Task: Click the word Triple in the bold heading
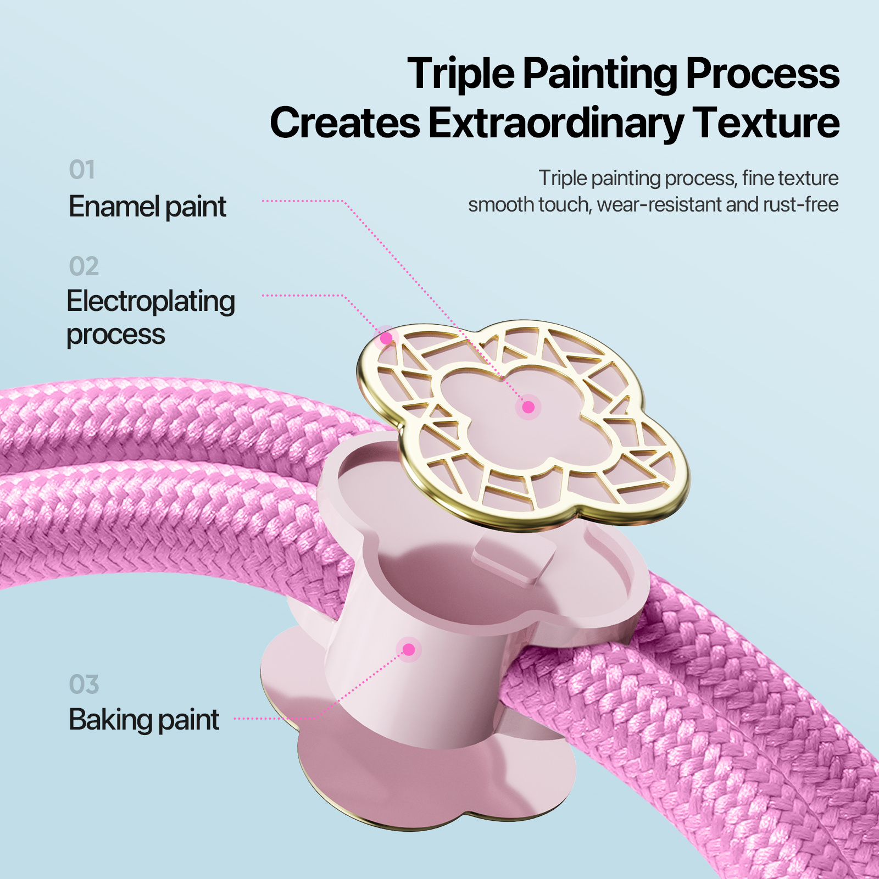pyautogui.click(x=461, y=74)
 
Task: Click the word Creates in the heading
pyautogui.click(x=345, y=123)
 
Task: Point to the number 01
pyautogui.click(x=82, y=170)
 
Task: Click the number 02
pyautogui.click(x=84, y=266)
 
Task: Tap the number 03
pyautogui.click(x=84, y=685)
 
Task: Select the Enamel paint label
pyautogui.click(x=147, y=207)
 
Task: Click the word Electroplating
pyautogui.click(x=151, y=302)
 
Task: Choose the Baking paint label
pyautogui.click(x=144, y=720)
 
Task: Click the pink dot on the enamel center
pyautogui.click(x=528, y=407)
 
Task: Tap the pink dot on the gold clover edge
pyautogui.click(x=386, y=338)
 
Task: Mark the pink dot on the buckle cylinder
pyautogui.click(x=409, y=650)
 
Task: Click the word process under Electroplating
pyautogui.click(x=115, y=335)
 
